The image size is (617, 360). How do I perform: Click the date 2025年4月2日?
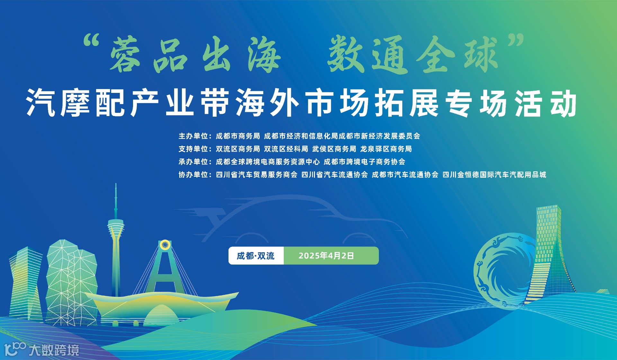pos(326,256)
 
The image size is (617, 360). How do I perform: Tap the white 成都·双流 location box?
pos(256,256)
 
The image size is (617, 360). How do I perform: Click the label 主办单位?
pos(194,136)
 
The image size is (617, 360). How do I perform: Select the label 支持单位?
pos(194,149)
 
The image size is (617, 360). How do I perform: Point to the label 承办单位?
pos(194,162)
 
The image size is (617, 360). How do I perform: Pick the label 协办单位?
pos(194,175)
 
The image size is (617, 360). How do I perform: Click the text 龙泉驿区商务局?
pos(386,149)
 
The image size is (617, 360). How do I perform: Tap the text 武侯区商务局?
pos(334,149)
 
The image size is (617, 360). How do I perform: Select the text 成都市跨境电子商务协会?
pos(364,162)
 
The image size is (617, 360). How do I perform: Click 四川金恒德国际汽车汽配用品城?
pos(494,175)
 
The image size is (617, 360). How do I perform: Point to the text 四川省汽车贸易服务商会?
pos(257,175)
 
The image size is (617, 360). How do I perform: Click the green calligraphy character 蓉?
pos(125,55)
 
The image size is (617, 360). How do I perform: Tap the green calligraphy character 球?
pos(481,55)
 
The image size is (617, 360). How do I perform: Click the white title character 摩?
pos(75,103)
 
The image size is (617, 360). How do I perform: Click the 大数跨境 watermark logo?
pos(42,350)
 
